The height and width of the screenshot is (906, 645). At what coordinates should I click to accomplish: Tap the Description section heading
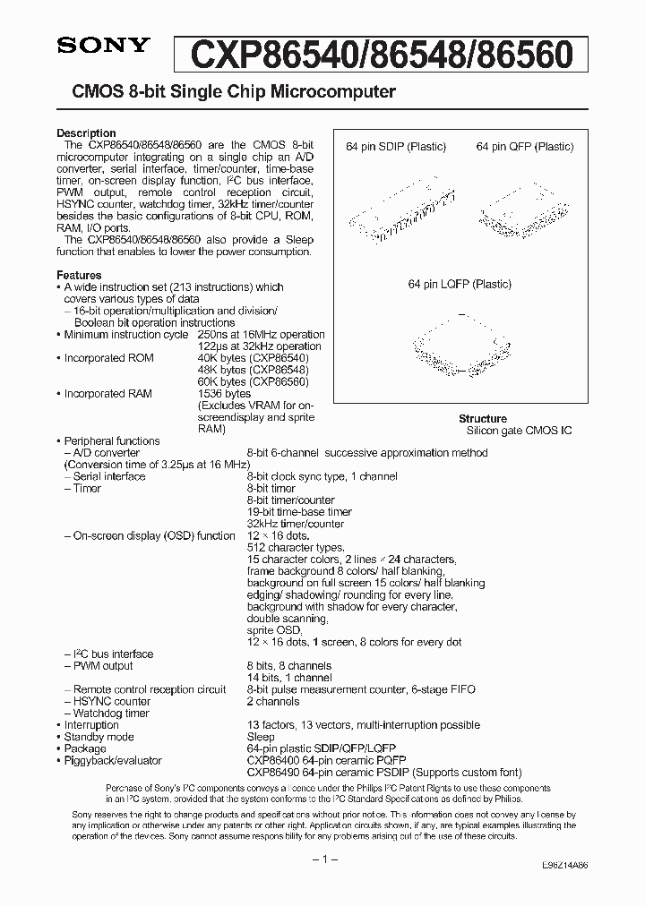(86, 133)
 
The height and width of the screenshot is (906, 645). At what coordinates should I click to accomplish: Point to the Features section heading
(79, 275)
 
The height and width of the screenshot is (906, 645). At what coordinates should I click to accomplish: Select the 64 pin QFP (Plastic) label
(525, 147)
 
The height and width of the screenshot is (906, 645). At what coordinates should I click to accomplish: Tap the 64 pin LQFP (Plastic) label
(460, 284)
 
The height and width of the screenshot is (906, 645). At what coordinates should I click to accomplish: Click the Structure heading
(483, 418)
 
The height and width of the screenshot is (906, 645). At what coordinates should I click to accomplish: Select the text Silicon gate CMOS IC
(519, 431)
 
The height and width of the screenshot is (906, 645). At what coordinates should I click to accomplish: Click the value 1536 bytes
(224, 394)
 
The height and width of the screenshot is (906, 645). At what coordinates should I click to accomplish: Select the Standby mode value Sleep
(261, 737)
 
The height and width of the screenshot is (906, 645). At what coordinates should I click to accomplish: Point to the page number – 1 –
(322, 859)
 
